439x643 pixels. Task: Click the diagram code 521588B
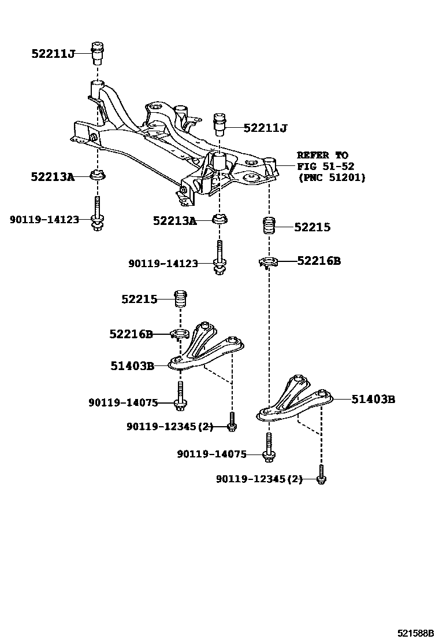pyautogui.click(x=414, y=633)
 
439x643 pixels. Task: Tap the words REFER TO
pyautogui.click(x=322, y=155)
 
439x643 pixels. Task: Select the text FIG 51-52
pyautogui.click(x=325, y=167)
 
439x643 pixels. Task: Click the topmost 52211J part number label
pyautogui.click(x=53, y=54)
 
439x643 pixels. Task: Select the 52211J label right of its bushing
pyautogui.click(x=265, y=128)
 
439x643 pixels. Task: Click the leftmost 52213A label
pyautogui.click(x=53, y=176)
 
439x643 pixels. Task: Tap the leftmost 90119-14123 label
pyautogui.click(x=44, y=219)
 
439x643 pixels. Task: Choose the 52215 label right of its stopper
pyautogui.click(x=312, y=227)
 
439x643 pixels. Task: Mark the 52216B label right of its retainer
pyautogui.click(x=319, y=261)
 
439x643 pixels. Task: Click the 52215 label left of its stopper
pyautogui.click(x=139, y=299)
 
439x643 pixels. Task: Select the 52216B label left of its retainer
pyautogui.click(x=131, y=334)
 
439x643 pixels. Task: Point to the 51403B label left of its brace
pyautogui.click(x=132, y=365)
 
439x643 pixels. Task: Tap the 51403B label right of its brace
pyautogui.click(x=373, y=398)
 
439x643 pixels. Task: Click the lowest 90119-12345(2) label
pyautogui.click(x=259, y=479)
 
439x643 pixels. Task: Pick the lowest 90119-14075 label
pyautogui.click(x=211, y=454)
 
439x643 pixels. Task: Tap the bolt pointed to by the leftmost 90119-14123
pyautogui.click(x=98, y=215)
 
